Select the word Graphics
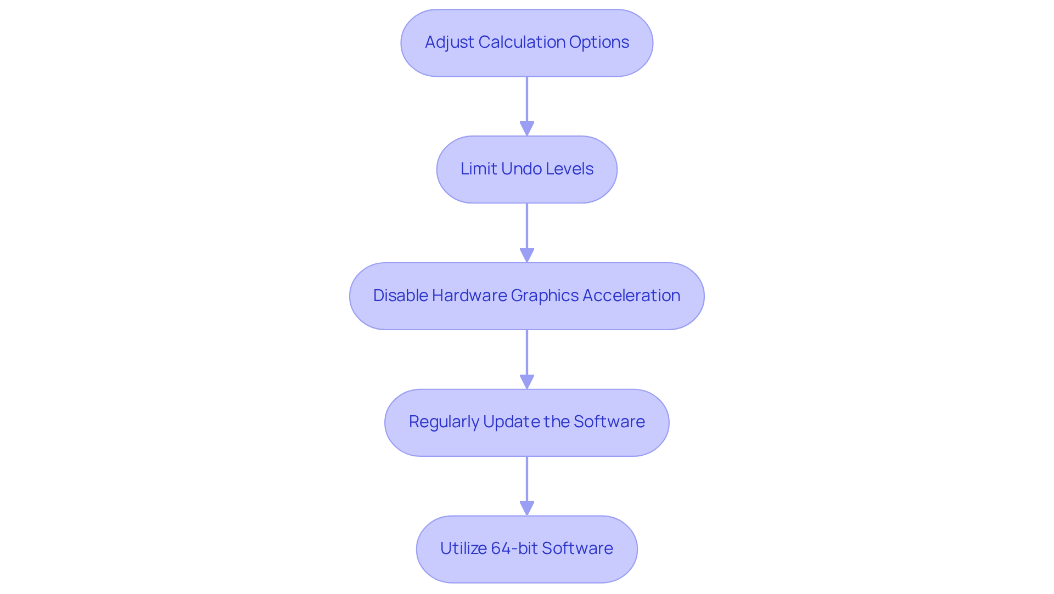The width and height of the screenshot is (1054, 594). [x=545, y=296]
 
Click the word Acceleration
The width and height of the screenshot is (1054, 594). [x=631, y=296]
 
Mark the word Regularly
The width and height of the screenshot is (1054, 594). [x=444, y=422]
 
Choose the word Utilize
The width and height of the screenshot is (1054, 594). [x=463, y=548]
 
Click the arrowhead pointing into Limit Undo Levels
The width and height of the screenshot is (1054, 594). [x=527, y=129]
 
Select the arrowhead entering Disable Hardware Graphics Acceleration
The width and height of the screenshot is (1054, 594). [x=527, y=256]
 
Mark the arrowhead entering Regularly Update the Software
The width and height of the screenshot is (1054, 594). [x=527, y=382]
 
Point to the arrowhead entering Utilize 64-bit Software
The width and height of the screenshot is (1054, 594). [x=527, y=508]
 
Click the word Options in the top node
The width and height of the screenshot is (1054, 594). [x=599, y=42]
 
